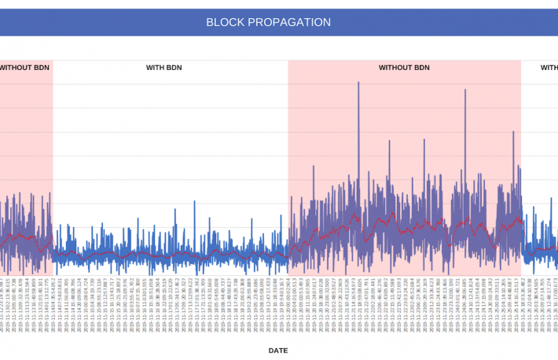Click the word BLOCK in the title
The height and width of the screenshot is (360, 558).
227,23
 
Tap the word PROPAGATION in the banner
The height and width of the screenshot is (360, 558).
291,23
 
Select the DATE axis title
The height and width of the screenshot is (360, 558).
278,351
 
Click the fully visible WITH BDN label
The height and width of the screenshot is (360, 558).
165,68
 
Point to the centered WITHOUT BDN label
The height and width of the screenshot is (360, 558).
404,68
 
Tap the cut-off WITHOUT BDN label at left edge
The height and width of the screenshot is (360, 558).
24,68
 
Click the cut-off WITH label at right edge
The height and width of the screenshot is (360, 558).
549,68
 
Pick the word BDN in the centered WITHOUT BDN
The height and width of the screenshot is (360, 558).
421,68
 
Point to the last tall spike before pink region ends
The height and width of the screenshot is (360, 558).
513,131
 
